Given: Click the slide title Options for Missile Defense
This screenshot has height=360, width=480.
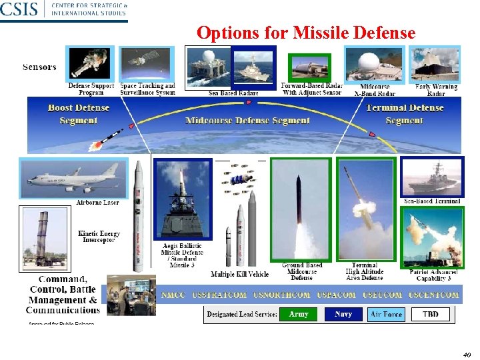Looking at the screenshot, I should (x=306, y=33).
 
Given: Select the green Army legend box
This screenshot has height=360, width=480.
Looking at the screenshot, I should (x=299, y=314).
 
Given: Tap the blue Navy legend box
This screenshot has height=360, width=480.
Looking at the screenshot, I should (x=343, y=314).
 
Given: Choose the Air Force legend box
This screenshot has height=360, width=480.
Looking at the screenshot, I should (x=386, y=314).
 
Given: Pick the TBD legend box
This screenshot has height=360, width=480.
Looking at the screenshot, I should (x=431, y=314).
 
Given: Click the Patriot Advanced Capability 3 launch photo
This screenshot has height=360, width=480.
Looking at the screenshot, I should (x=431, y=237).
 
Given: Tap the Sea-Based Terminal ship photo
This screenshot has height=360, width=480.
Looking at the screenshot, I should (x=431, y=177).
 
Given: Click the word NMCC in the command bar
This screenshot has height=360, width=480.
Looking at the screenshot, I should (x=173, y=295).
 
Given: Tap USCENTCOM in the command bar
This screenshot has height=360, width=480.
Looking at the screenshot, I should (x=433, y=295).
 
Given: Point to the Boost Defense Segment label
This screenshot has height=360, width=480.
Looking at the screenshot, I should (x=78, y=114).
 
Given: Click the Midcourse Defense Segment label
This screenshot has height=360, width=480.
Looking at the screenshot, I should (x=247, y=121).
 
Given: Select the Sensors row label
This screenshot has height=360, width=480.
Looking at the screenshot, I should (x=39, y=67).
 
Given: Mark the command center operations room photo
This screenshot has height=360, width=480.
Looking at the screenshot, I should (x=131, y=293).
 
